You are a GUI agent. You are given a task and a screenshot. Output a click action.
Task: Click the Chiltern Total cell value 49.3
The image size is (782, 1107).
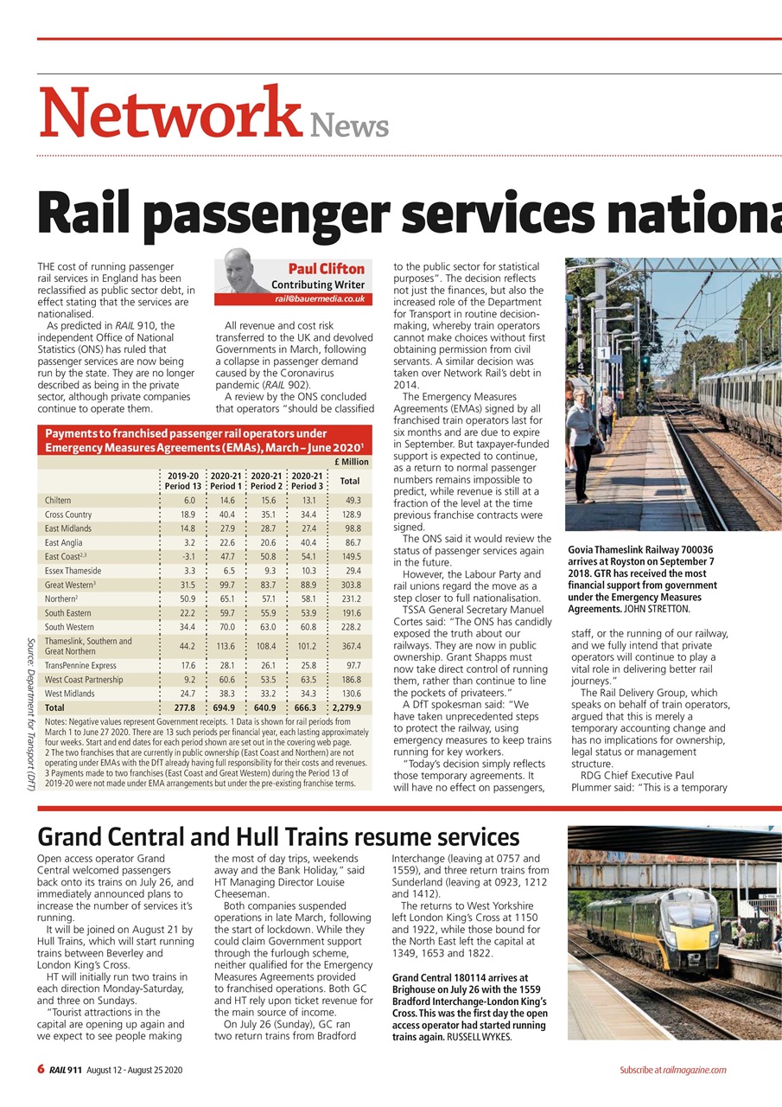pos(353,500)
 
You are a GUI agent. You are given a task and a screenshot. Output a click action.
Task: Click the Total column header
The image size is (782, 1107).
pos(350,481)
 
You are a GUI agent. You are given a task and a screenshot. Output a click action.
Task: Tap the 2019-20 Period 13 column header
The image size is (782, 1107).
pos(182,481)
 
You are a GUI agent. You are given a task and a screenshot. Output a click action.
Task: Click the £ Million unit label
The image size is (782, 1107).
pos(350,462)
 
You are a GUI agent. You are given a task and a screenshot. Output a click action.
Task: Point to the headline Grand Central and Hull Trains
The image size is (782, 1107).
pos(278,836)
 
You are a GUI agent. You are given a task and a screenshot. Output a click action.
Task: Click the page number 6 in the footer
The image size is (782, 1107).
pos(41,1070)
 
